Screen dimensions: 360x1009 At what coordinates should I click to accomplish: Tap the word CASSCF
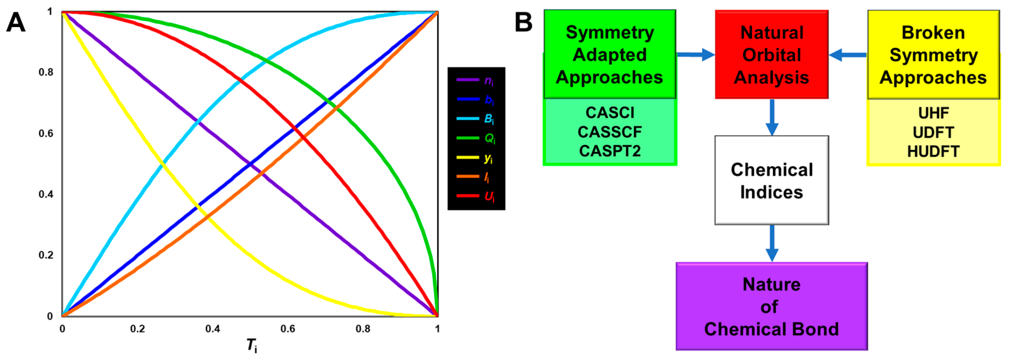click(x=610, y=132)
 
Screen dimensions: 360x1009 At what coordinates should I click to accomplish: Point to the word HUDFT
click(x=933, y=151)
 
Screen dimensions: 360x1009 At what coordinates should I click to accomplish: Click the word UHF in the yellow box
click(x=933, y=113)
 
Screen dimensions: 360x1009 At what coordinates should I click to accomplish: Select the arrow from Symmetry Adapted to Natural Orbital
click(x=695, y=54)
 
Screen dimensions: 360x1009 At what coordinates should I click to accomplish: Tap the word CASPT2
click(x=610, y=151)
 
